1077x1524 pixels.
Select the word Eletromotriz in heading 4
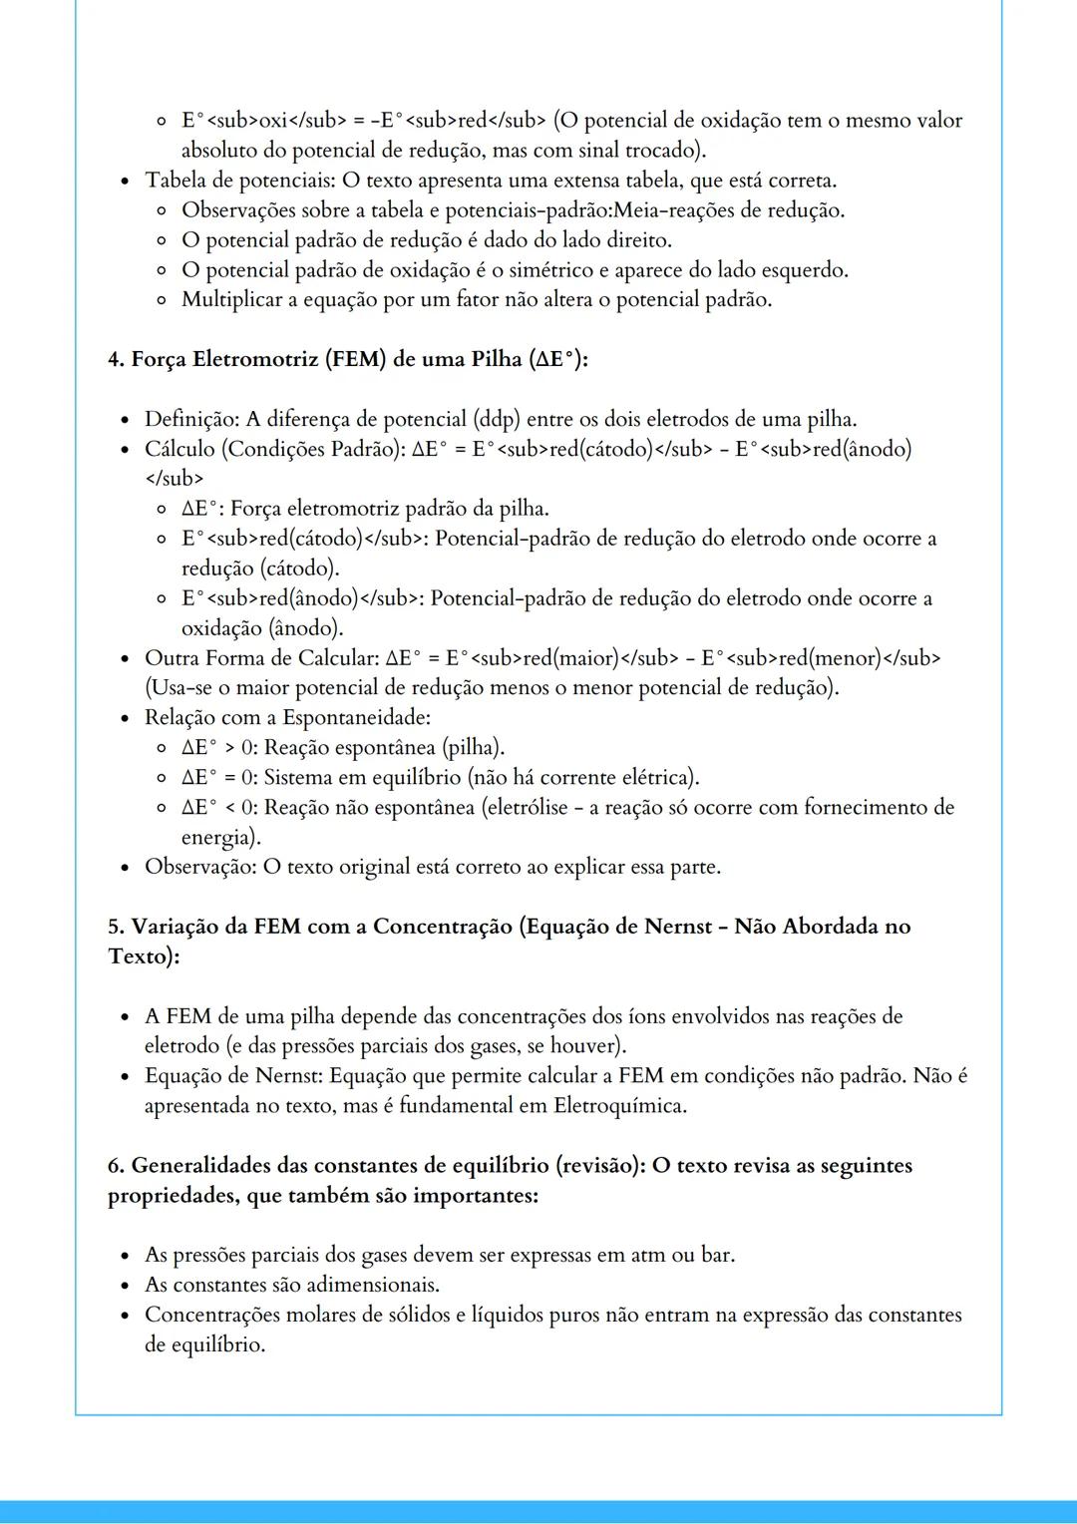pyautogui.click(x=256, y=359)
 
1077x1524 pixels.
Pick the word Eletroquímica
pyautogui.click(x=619, y=1106)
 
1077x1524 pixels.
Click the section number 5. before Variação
pyautogui.click(x=117, y=927)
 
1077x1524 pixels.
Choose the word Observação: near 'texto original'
pyautogui.click(x=199, y=867)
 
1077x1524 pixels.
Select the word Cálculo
pyautogui.click(x=180, y=449)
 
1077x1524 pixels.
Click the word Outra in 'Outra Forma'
pyautogui.click(x=172, y=658)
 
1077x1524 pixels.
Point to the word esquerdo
pyautogui.click(x=805, y=270)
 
